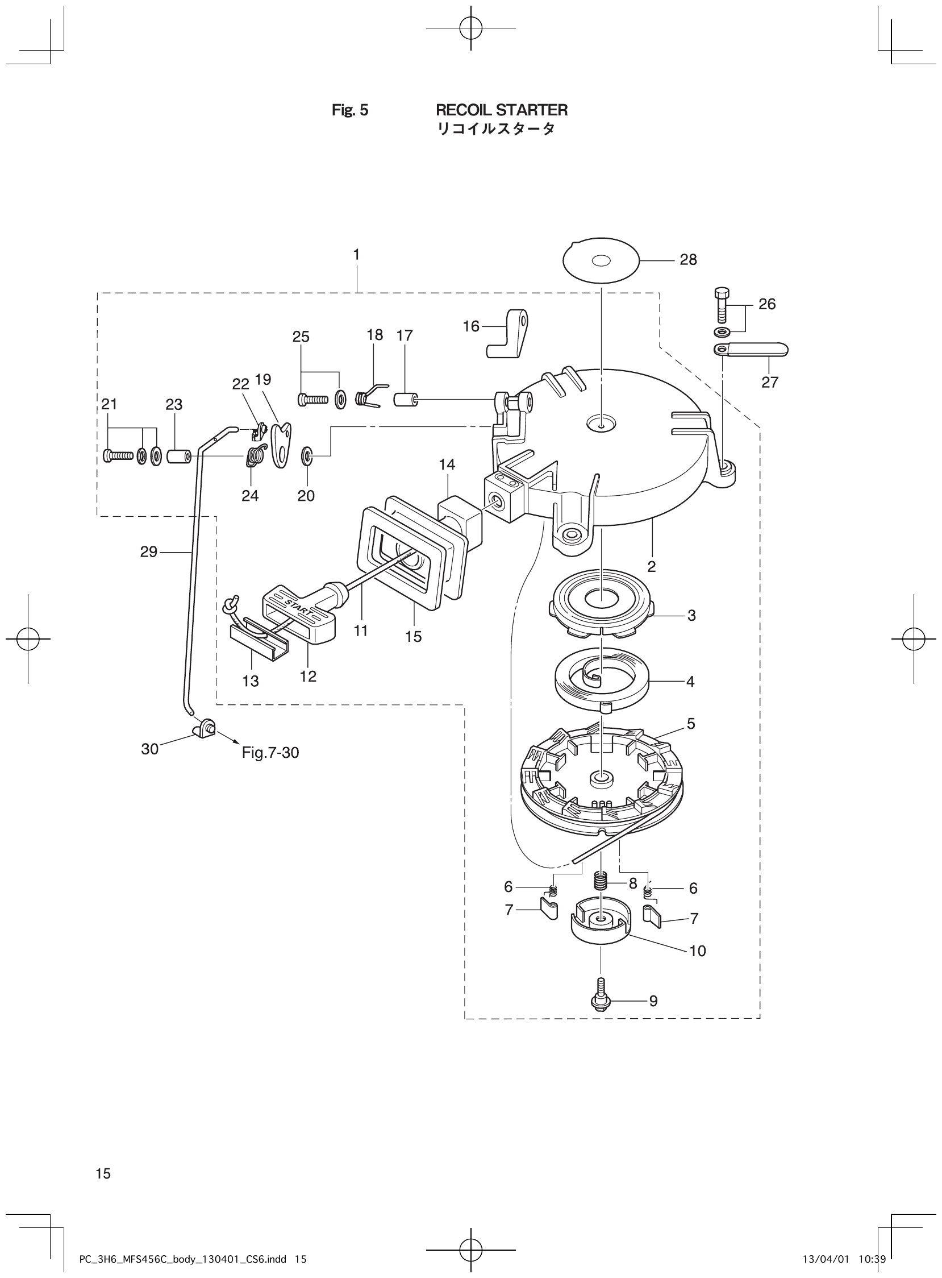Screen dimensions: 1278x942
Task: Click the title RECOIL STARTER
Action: [x=501, y=110]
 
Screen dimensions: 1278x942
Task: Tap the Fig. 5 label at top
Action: [x=349, y=110]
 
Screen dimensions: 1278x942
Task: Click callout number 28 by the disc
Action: [x=688, y=260]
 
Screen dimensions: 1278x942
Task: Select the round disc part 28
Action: [x=601, y=260]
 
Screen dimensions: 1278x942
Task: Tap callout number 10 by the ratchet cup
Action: [x=697, y=951]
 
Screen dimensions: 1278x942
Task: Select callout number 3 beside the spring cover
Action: [x=691, y=616]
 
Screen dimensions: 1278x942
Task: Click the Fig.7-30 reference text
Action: [x=270, y=753]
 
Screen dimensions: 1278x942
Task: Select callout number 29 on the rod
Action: [x=149, y=551]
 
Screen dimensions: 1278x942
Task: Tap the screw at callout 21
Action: [x=118, y=456]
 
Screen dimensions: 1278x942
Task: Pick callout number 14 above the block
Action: [x=447, y=464]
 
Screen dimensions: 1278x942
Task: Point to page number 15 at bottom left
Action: [x=103, y=1157]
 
